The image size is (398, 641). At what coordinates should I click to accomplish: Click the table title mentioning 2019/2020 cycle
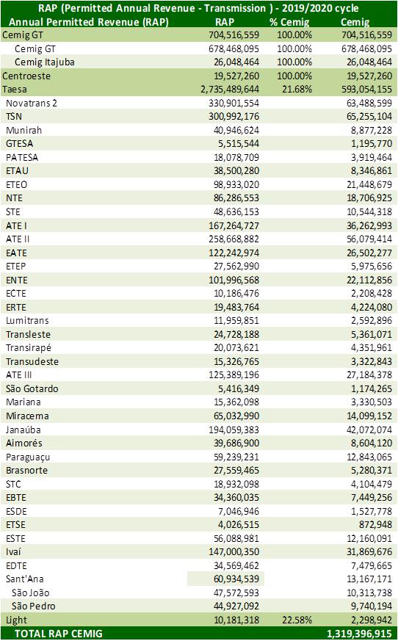click(199, 8)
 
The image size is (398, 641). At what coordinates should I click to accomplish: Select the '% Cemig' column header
click(289, 22)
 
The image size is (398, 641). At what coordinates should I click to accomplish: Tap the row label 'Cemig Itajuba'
click(45, 62)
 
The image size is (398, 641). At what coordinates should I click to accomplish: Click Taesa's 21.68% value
click(297, 89)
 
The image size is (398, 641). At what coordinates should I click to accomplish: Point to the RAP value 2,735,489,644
click(230, 89)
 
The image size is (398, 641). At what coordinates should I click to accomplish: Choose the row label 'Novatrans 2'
click(32, 103)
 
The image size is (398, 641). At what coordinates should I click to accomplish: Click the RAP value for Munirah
click(236, 130)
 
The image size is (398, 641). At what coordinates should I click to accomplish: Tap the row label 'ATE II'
click(18, 239)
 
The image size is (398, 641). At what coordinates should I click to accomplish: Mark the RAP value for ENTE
click(234, 280)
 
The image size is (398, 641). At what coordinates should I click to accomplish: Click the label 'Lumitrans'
click(27, 320)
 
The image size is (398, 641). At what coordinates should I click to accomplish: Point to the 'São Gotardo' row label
click(32, 388)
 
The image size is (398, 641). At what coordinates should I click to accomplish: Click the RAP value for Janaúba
click(234, 430)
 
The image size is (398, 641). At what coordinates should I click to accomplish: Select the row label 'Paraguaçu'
click(28, 457)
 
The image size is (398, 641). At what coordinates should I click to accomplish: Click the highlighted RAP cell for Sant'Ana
click(225, 579)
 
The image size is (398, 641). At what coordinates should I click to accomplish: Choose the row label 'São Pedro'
click(34, 606)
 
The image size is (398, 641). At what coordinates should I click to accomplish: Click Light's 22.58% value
click(297, 620)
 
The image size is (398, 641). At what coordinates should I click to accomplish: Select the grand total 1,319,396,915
click(360, 634)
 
